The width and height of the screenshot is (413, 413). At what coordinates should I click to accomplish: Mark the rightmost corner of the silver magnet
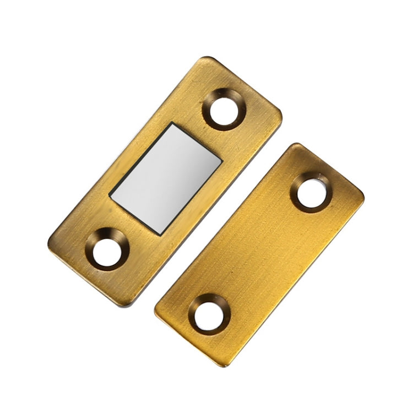[222, 161]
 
